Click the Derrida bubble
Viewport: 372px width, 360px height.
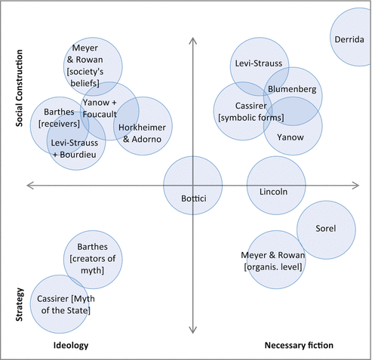(352, 37)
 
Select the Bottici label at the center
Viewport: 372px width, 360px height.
(193, 198)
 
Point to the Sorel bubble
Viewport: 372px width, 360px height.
(325, 229)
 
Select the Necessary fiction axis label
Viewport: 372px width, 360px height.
(299, 345)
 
